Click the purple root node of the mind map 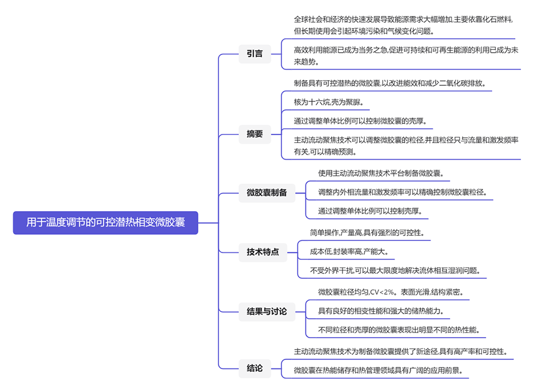pos(105,223)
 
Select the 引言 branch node pos(254,54)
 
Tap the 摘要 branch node pos(254,134)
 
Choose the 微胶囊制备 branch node pos(266,192)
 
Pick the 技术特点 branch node pos(262,251)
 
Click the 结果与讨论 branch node pos(266,311)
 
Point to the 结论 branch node pos(254,368)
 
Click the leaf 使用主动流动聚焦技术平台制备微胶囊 pos(381,173)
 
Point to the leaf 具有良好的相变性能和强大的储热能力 pos(381,311)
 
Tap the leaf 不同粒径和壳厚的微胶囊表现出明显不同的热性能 pos(399,330)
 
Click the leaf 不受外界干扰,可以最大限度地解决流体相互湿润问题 pos(395,270)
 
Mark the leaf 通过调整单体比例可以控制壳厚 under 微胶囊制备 pos(370,211)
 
